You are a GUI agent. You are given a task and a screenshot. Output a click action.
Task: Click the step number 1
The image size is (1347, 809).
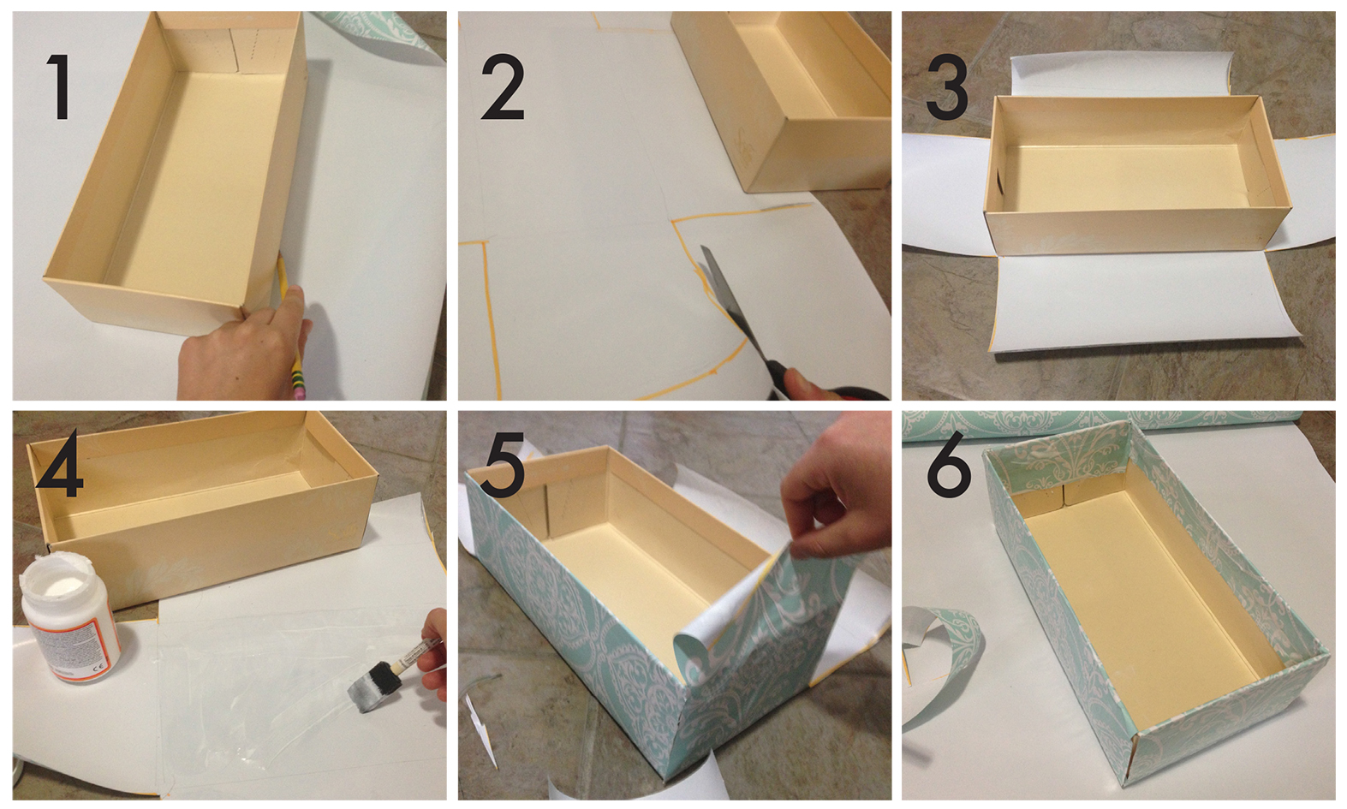point(58,87)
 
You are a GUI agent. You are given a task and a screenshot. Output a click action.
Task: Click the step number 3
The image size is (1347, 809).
point(946,87)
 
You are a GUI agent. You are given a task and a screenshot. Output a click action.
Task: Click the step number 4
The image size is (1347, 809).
point(58,464)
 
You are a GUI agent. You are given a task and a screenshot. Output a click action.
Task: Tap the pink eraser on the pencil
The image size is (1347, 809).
point(300,390)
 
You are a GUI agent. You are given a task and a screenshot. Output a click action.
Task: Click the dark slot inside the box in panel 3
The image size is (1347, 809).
point(999,183)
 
